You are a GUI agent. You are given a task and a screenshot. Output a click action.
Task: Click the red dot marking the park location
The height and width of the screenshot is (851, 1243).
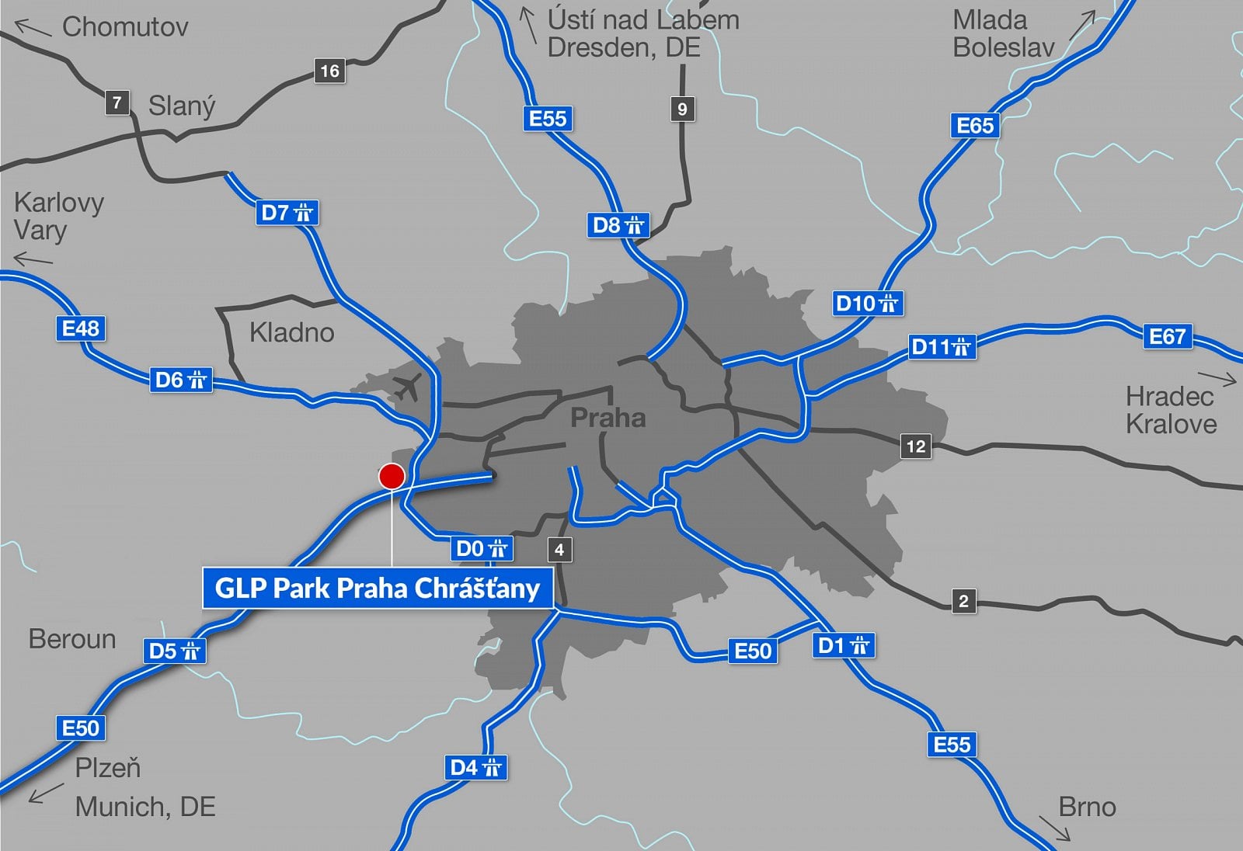(x=392, y=476)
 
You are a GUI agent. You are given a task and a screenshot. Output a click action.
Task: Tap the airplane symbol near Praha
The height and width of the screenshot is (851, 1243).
(x=407, y=385)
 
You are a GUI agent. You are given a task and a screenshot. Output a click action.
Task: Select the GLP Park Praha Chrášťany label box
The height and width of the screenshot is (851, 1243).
(x=378, y=589)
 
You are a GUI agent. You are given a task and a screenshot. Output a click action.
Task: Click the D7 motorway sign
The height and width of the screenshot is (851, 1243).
(x=287, y=212)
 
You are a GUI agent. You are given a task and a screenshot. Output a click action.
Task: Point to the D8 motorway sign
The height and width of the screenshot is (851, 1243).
(x=618, y=225)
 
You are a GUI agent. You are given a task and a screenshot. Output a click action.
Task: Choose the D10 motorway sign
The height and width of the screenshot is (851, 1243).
(x=867, y=303)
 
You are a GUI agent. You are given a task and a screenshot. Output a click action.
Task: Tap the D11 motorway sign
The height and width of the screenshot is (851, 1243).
(x=942, y=346)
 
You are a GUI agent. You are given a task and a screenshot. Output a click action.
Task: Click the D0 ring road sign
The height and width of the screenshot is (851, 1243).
(x=481, y=549)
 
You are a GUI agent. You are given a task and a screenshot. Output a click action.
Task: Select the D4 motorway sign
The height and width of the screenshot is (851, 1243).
(x=475, y=767)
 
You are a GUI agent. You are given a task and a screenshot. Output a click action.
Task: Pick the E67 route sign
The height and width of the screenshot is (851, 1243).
(x=1167, y=336)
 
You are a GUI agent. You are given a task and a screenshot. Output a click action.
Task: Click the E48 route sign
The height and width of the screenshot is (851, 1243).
(x=81, y=328)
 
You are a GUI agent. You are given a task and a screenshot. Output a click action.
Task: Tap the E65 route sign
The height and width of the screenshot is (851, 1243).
(x=975, y=125)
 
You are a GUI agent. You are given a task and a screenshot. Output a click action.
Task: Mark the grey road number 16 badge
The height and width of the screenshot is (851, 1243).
(x=329, y=71)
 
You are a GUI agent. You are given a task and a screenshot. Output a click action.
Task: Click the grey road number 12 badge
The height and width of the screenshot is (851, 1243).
(x=916, y=446)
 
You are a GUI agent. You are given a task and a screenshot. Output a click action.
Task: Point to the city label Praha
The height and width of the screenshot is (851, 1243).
(x=608, y=418)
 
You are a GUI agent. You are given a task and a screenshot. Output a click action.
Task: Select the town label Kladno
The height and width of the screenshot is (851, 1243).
(x=291, y=332)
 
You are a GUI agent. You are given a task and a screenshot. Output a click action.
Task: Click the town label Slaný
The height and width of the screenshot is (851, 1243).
(x=182, y=106)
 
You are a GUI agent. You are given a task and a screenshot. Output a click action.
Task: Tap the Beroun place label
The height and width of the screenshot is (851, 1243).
(x=72, y=639)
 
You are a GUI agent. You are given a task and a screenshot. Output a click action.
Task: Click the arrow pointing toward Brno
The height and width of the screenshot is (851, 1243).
(x=1055, y=828)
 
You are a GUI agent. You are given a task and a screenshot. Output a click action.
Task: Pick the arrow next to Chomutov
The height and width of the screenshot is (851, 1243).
(x=33, y=30)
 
